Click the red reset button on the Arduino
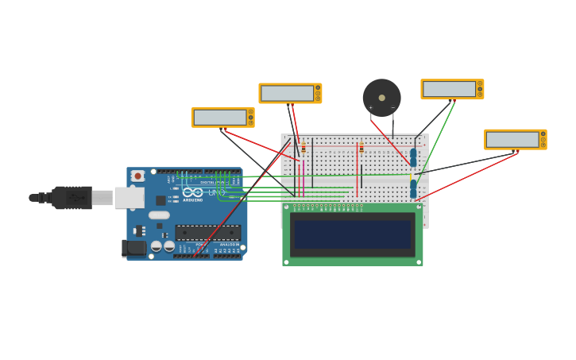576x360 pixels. click(138, 176)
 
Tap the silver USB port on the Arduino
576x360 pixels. click(129, 197)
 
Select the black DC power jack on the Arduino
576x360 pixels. click(135, 248)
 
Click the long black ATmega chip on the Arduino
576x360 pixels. click(207, 233)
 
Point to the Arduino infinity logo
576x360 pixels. click(193, 192)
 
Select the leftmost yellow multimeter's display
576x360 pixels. click(219, 118)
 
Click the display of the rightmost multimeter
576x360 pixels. click(512, 140)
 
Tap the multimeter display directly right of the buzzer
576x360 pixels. click(449, 89)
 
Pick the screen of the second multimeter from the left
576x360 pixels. click(287, 93)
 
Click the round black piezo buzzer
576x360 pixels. click(381, 97)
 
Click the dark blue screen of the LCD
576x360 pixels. click(352, 234)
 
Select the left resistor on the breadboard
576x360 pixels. click(303, 148)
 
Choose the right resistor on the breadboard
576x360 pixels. click(361, 148)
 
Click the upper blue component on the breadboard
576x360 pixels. click(413, 157)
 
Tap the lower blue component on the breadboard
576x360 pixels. click(413, 189)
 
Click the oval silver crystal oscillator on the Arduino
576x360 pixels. click(159, 215)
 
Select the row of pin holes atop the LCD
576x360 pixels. click(327, 207)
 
